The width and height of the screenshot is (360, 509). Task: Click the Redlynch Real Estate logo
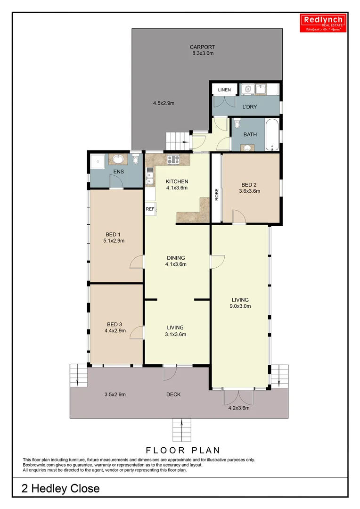[324, 23]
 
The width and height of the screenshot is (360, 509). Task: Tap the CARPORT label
[202, 47]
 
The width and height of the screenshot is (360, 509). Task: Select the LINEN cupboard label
[224, 90]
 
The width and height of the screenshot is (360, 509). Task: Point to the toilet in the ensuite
[136, 161]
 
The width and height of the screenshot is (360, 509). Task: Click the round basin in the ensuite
[117, 160]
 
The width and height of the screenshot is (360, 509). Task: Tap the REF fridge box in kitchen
[150, 209]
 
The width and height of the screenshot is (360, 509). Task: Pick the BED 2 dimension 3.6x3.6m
[250, 191]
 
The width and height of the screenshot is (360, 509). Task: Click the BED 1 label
[113, 234]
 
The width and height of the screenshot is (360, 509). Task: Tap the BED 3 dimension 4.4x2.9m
[115, 331]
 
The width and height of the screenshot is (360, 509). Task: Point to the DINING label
[175, 258]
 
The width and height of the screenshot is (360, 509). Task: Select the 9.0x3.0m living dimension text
[240, 306]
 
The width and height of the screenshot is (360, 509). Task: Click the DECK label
[173, 394]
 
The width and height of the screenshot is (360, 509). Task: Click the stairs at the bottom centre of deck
[182, 428]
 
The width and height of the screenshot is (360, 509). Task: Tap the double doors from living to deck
[238, 397]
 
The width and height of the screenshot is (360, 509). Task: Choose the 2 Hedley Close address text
[61, 489]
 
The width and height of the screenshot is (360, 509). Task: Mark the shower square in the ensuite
[97, 161]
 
